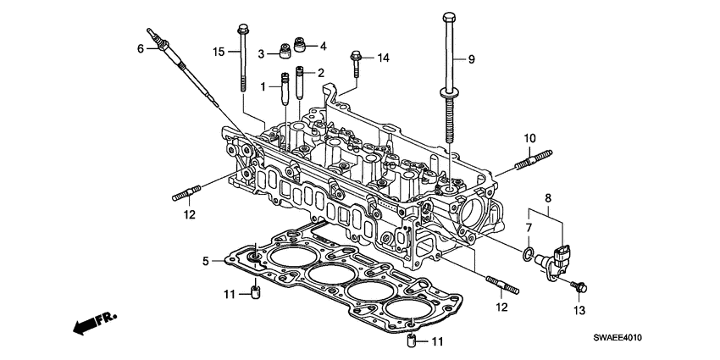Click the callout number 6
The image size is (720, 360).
[x=141, y=48]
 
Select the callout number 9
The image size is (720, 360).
[x=473, y=59]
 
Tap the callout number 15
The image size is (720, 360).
[x=219, y=53]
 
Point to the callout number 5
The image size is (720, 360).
[x=205, y=261]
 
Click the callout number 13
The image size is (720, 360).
[x=579, y=311]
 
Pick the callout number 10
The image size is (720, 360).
[x=529, y=138]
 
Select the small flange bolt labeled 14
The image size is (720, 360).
[x=356, y=60]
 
